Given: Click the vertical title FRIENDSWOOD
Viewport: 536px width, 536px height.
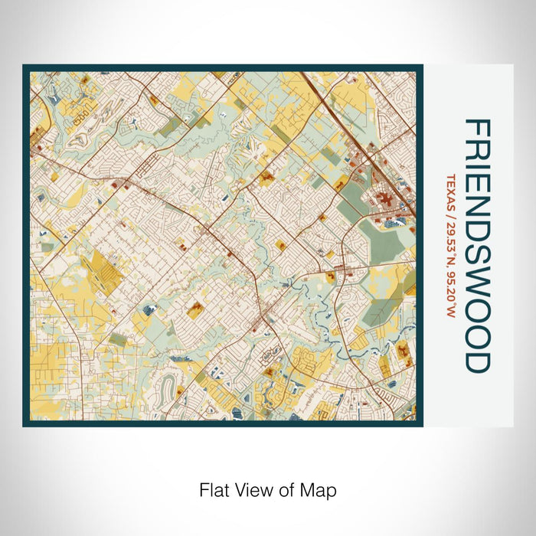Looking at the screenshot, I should [x=476, y=246].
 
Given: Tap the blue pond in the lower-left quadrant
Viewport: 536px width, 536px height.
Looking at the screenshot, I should [x=148, y=309].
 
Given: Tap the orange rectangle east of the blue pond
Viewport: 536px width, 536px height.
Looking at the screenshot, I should [x=196, y=309].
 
